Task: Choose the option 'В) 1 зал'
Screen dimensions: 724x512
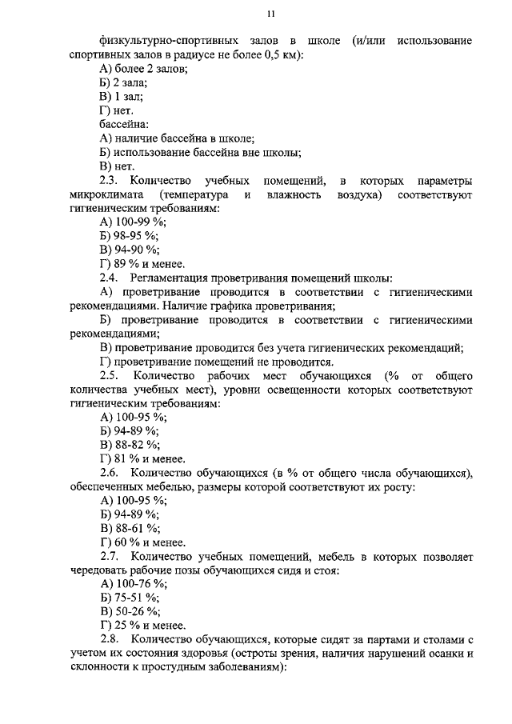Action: [120, 98]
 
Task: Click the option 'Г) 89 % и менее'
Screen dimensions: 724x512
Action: [142, 264]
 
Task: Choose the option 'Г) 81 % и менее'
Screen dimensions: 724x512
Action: [142, 459]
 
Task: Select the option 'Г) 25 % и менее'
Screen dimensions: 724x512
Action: [142, 626]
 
